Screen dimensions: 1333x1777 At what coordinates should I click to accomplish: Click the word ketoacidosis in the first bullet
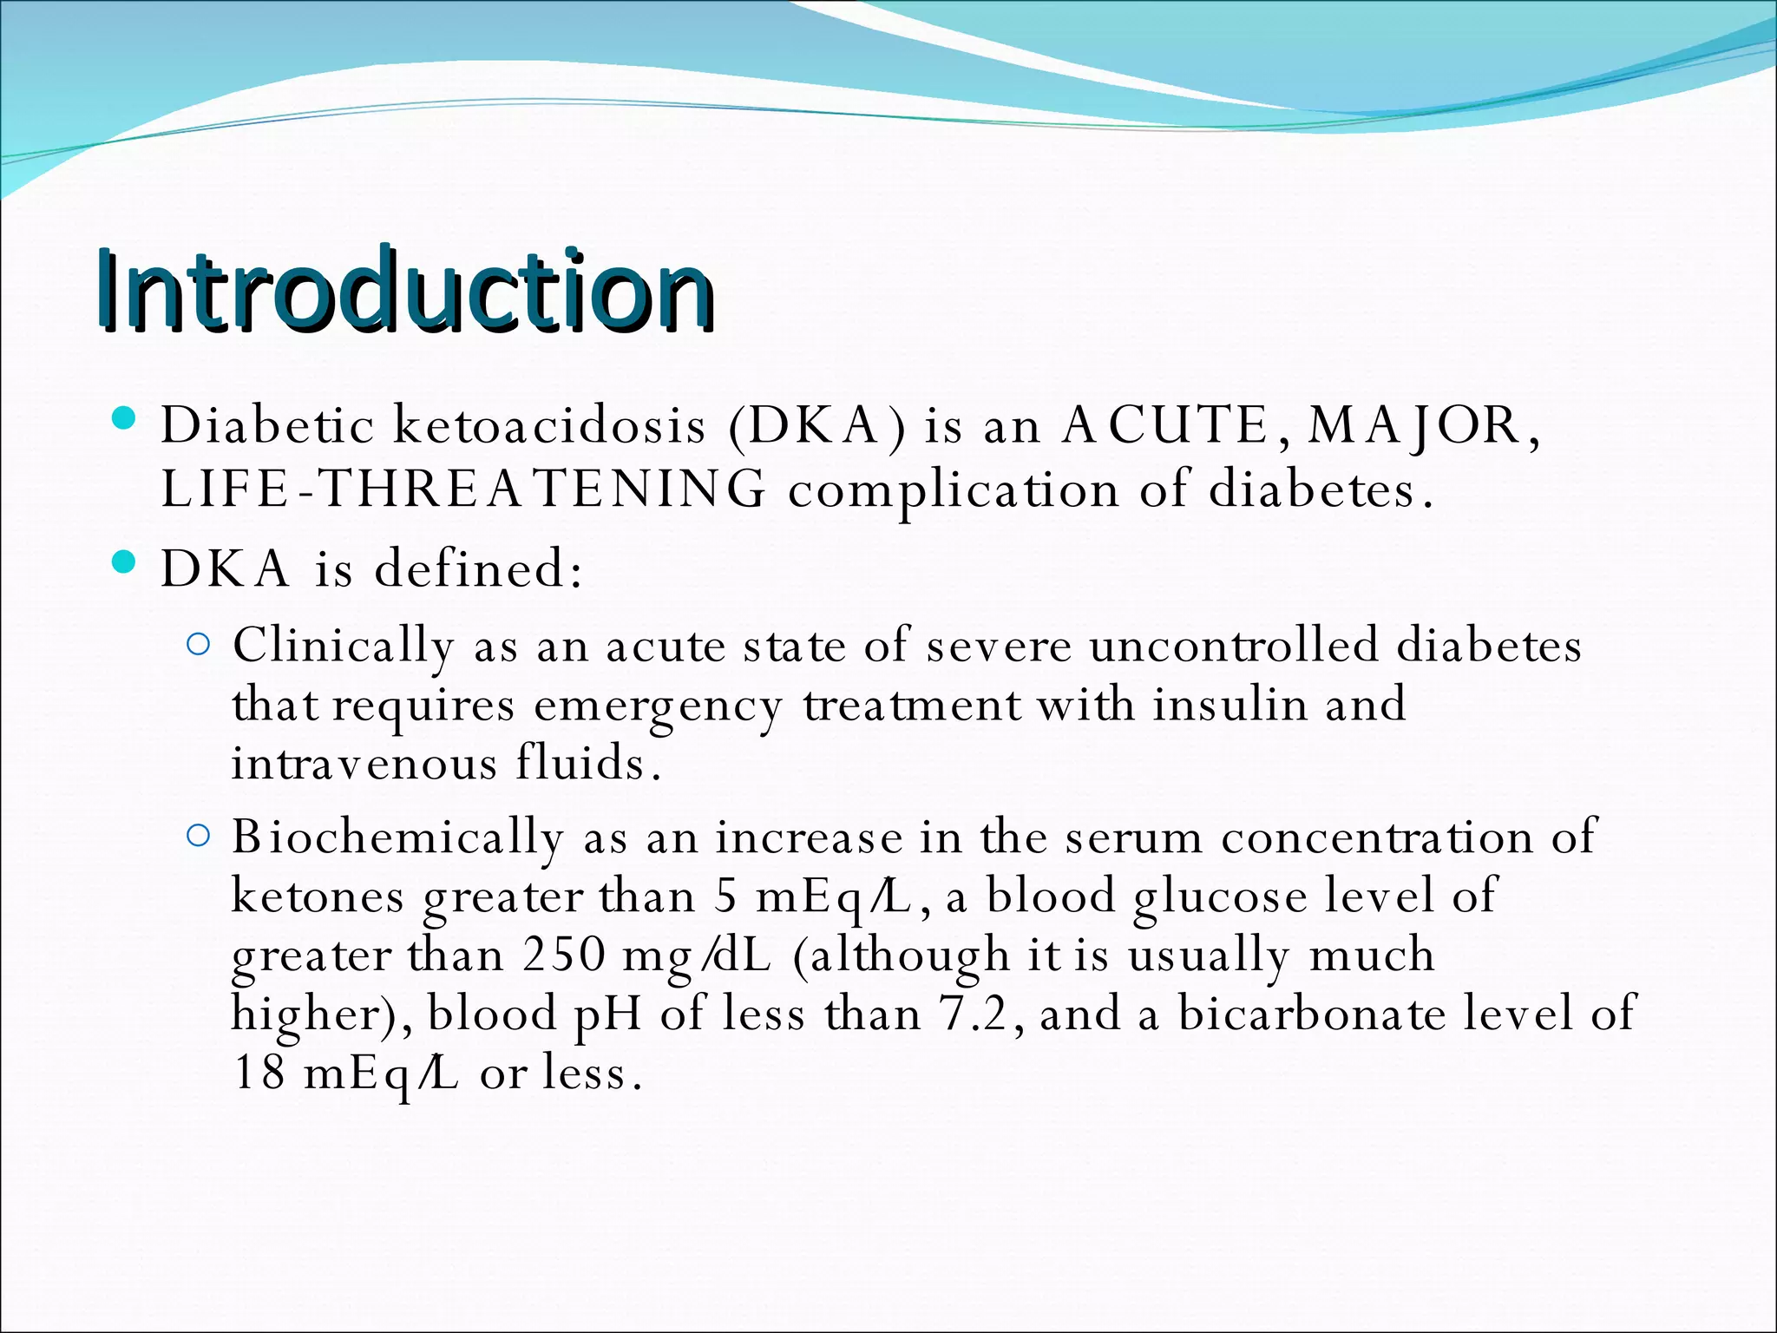tap(550, 426)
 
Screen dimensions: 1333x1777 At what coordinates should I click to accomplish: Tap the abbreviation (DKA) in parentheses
tap(817, 426)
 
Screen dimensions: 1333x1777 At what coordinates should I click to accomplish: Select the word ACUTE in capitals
tap(1165, 426)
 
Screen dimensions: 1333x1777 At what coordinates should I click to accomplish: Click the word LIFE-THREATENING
tap(463, 489)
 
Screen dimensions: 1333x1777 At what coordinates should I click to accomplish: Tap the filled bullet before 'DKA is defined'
tap(125, 563)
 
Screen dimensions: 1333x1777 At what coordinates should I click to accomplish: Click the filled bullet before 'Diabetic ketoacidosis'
tap(125, 420)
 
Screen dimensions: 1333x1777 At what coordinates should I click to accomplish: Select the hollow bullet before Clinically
tap(199, 645)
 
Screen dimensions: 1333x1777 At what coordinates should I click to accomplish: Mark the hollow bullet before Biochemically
tap(199, 836)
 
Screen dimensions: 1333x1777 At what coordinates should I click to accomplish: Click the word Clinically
tap(343, 647)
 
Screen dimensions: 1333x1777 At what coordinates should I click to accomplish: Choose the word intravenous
tap(364, 764)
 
